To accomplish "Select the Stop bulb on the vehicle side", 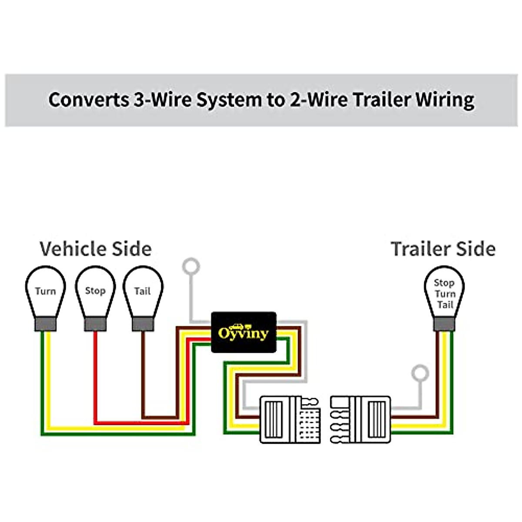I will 95,291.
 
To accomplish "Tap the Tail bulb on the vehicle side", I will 143,291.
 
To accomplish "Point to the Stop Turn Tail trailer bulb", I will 444,294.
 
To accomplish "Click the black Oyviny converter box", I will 244,332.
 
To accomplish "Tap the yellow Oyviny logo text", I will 243,333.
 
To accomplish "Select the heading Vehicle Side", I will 96,249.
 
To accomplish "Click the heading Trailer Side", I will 443,249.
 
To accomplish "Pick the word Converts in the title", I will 88,100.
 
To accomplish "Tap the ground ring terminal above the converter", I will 191,266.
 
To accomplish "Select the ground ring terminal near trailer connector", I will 420,373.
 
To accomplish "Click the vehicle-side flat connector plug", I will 290,419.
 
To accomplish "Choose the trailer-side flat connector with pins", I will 360,419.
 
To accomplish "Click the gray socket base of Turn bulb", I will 45,324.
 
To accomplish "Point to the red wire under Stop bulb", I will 95,374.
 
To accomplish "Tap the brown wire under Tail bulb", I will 143,374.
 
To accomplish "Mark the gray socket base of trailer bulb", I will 444,324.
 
